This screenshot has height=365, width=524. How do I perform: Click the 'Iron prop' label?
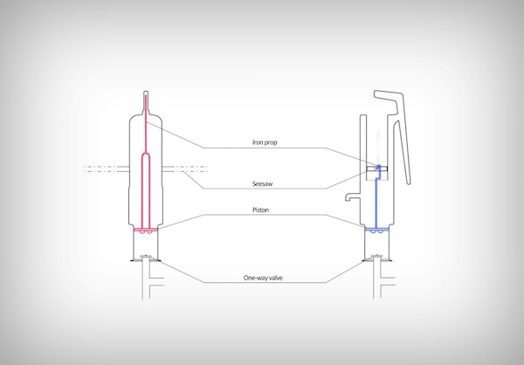click(x=265, y=142)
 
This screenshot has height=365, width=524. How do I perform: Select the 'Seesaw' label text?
click(x=262, y=184)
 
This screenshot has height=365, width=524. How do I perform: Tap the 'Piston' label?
click(x=260, y=210)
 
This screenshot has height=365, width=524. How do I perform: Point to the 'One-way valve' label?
click(x=263, y=278)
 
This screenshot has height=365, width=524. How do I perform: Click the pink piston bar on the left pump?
click(x=146, y=230)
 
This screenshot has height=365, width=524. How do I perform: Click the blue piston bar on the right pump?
click(x=376, y=230)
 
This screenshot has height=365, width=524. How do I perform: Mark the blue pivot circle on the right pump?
click(x=379, y=166)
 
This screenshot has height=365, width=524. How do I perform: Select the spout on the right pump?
click(x=352, y=197)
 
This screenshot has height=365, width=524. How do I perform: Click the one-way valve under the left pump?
click(x=146, y=258)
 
